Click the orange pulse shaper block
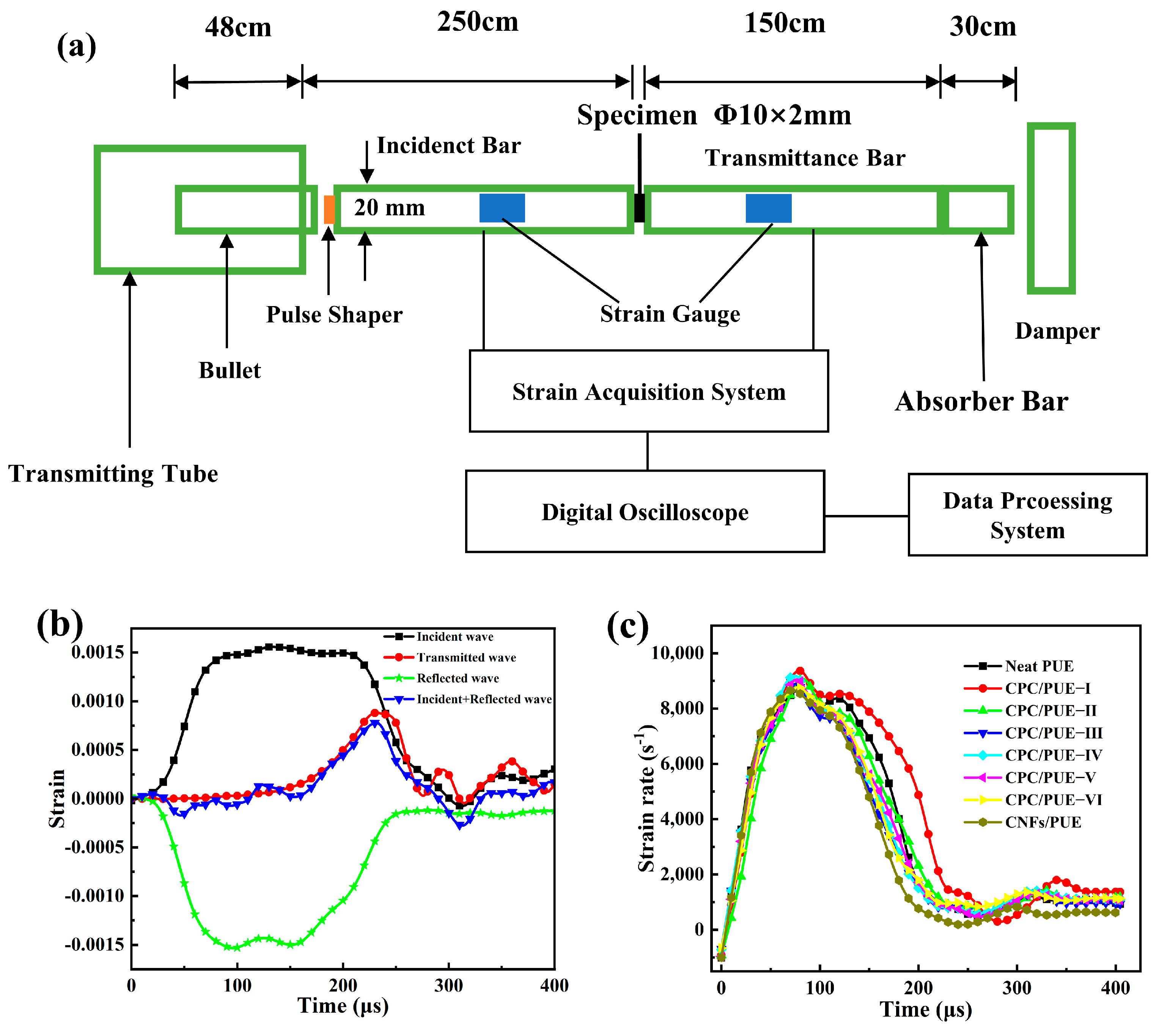coord(329,209)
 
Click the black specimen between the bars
coord(639,208)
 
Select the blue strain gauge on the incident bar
coord(502,208)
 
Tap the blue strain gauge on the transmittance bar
coord(768,208)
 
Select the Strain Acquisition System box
coord(649,391)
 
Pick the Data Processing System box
coord(1027,515)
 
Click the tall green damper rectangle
coord(1051,208)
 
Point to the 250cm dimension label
coord(477,23)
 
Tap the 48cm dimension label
coord(238,27)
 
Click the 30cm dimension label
coord(983,27)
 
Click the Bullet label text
coord(230,371)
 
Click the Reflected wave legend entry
coord(457,678)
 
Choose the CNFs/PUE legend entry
coord(1042,822)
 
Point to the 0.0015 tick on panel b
coord(98,652)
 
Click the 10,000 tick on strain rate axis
coord(677,653)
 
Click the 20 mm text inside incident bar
coord(390,208)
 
